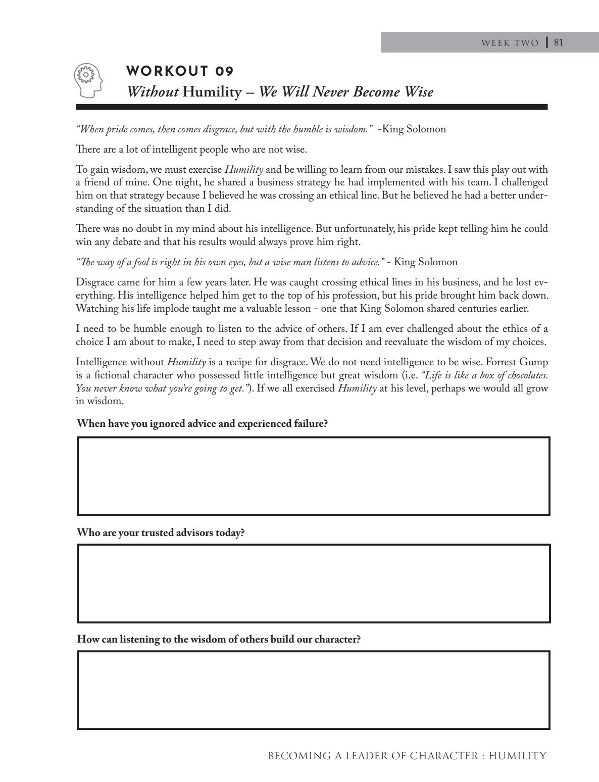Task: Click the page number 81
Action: click(558, 42)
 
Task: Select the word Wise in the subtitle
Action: click(419, 92)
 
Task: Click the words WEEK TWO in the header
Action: click(510, 43)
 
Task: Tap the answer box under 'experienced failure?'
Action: click(313, 476)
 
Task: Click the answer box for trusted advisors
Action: click(313, 583)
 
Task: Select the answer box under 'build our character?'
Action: click(313, 690)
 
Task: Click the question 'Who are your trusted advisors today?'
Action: click(161, 532)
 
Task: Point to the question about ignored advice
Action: click(202, 423)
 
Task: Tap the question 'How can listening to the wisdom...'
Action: click(219, 639)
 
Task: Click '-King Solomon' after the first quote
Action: click(412, 129)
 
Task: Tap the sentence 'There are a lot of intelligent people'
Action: click(191, 150)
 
